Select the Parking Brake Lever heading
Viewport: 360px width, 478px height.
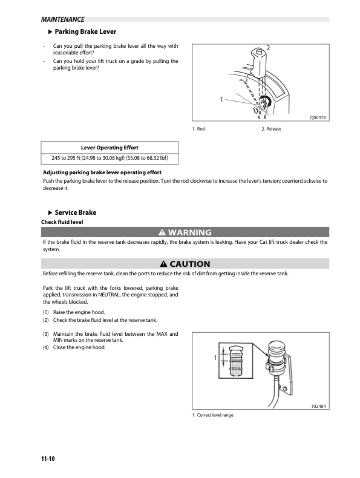pos(85,31)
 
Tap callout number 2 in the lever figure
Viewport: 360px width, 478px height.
pos(267,47)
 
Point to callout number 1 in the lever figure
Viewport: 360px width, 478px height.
pos(221,99)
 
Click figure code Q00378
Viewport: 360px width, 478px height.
pos(318,119)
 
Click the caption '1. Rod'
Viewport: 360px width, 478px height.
pos(198,129)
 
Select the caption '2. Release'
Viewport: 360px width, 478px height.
pos(271,129)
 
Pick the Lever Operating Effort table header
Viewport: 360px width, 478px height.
pos(110,148)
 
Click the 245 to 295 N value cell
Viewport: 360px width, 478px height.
pos(110,159)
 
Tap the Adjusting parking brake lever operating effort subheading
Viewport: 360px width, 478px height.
pos(100,173)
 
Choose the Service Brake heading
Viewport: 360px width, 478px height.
pos(75,212)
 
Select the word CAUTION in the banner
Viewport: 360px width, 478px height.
pos(190,264)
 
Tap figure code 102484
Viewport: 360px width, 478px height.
pos(318,407)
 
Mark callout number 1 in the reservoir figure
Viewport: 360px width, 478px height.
pos(215,358)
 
